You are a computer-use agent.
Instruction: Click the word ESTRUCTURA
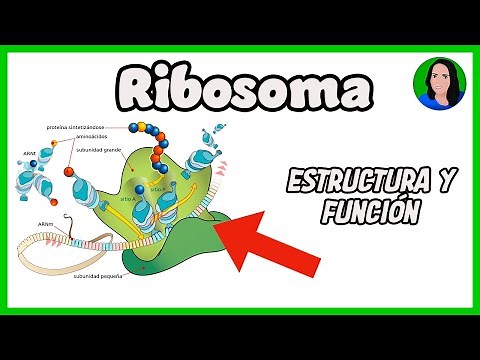pyautogui.click(x=365, y=182)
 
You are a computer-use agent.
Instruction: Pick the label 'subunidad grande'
pyautogui.click(x=98, y=152)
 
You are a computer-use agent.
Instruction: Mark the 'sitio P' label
pyautogui.click(x=157, y=188)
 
